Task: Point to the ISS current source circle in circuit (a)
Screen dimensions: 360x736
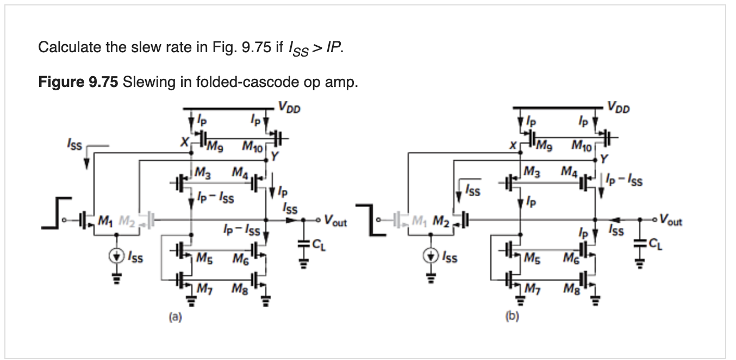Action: [x=116, y=256]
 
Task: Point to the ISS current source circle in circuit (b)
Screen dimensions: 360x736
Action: [x=431, y=256]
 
